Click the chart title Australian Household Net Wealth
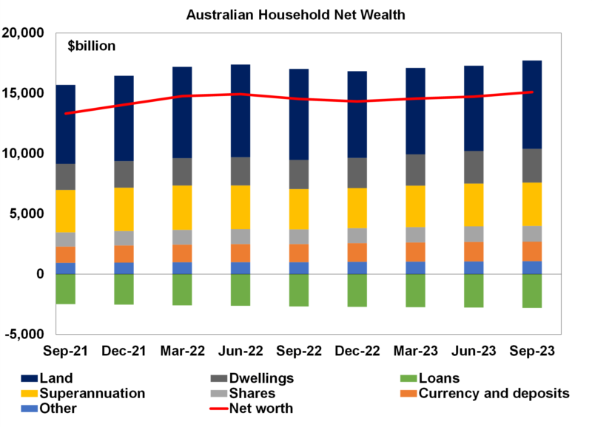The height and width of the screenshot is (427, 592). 296,14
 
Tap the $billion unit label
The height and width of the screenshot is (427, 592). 92,47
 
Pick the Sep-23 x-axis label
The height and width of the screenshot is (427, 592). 532,349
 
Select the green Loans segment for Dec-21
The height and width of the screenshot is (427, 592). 124,289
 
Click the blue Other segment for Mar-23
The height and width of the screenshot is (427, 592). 416,267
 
